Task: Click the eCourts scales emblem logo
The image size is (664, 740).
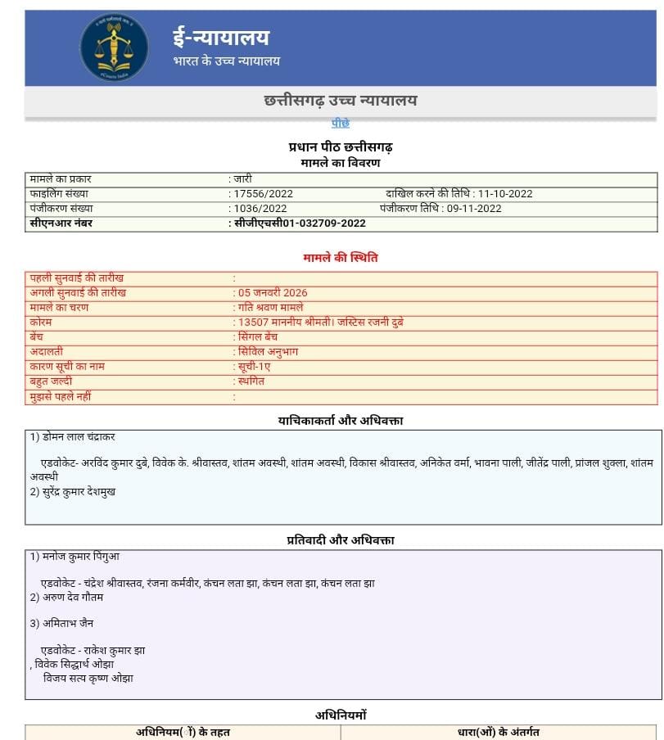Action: [114, 47]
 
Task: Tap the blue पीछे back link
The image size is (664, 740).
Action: [341, 123]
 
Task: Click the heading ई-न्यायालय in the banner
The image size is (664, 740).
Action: [220, 37]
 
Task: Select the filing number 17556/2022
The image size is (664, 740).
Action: [263, 194]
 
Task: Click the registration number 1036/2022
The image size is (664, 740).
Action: [260, 209]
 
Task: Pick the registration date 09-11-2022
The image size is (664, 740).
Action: [474, 209]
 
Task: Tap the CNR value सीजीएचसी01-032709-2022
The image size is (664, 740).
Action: [300, 223]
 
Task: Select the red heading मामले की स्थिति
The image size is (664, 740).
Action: [341, 258]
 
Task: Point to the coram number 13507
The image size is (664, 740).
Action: [253, 323]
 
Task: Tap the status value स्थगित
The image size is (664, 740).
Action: [251, 381]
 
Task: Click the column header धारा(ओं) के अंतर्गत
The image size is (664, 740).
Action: [499, 732]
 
